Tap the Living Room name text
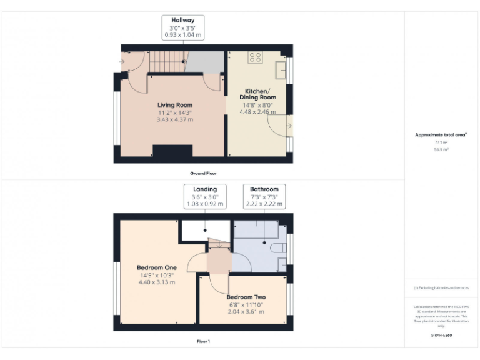(x=174, y=105)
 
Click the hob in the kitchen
(x=255, y=57)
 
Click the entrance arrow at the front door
(x=122, y=61)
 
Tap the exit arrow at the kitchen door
(x=288, y=127)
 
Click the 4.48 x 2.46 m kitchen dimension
(x=259, y=112)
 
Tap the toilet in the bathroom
(x=280, y=248)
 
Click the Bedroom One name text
(x=157, y=267)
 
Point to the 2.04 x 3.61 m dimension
(x=246, y=312)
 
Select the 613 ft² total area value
(x=441, y=142)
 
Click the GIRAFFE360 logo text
(x=441, y=336)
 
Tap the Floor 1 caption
(x=203, y=342)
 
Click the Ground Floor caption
(x=203, y=173)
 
